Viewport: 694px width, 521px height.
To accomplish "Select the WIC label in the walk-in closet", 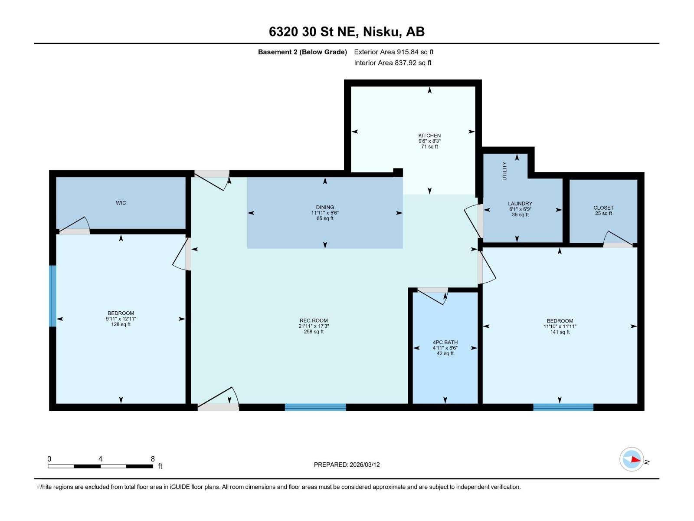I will pyautogui.click(x=121, y=203).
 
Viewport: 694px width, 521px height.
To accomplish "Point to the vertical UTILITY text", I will pyautogui.click(x=504, y=171).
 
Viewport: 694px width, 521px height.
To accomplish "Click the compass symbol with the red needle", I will pyautogui.click(x=632, y=459).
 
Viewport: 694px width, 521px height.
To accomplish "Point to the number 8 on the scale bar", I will pyautogui.click(x=153, y=458).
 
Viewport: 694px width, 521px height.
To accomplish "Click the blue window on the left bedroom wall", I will pyautogui.click(x=52, y=296).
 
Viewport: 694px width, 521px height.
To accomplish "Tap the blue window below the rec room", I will pyautogui.click(x=315, y=407).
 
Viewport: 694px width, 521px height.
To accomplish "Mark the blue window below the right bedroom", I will pyautogui.click(x=563, y=407).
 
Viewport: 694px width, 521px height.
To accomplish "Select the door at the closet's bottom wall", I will pyautogui.click(x=618, y=240).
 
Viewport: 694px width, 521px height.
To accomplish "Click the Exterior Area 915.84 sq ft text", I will pyautogui.click(x=393, y=52).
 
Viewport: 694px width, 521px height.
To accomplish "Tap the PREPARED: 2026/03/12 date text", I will pyautogui.click(x=347, y=465).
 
